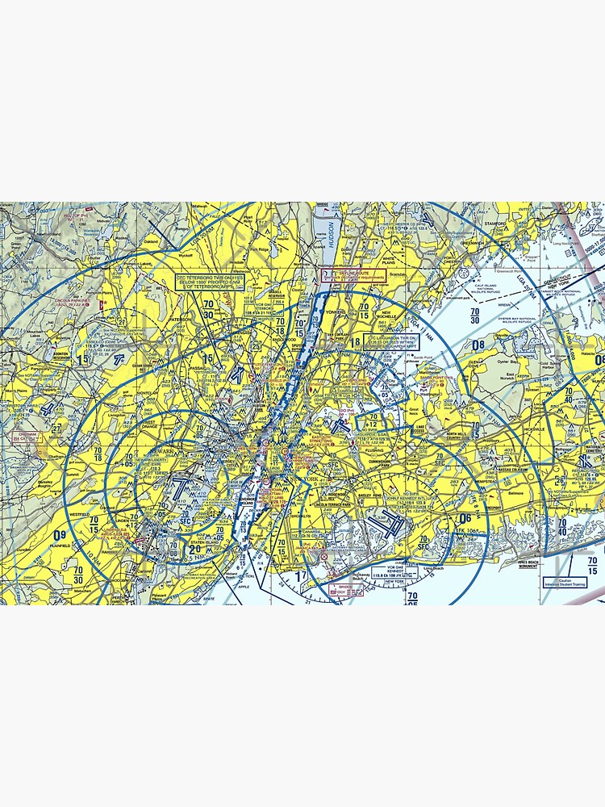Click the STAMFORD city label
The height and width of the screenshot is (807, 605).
[495, 221]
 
